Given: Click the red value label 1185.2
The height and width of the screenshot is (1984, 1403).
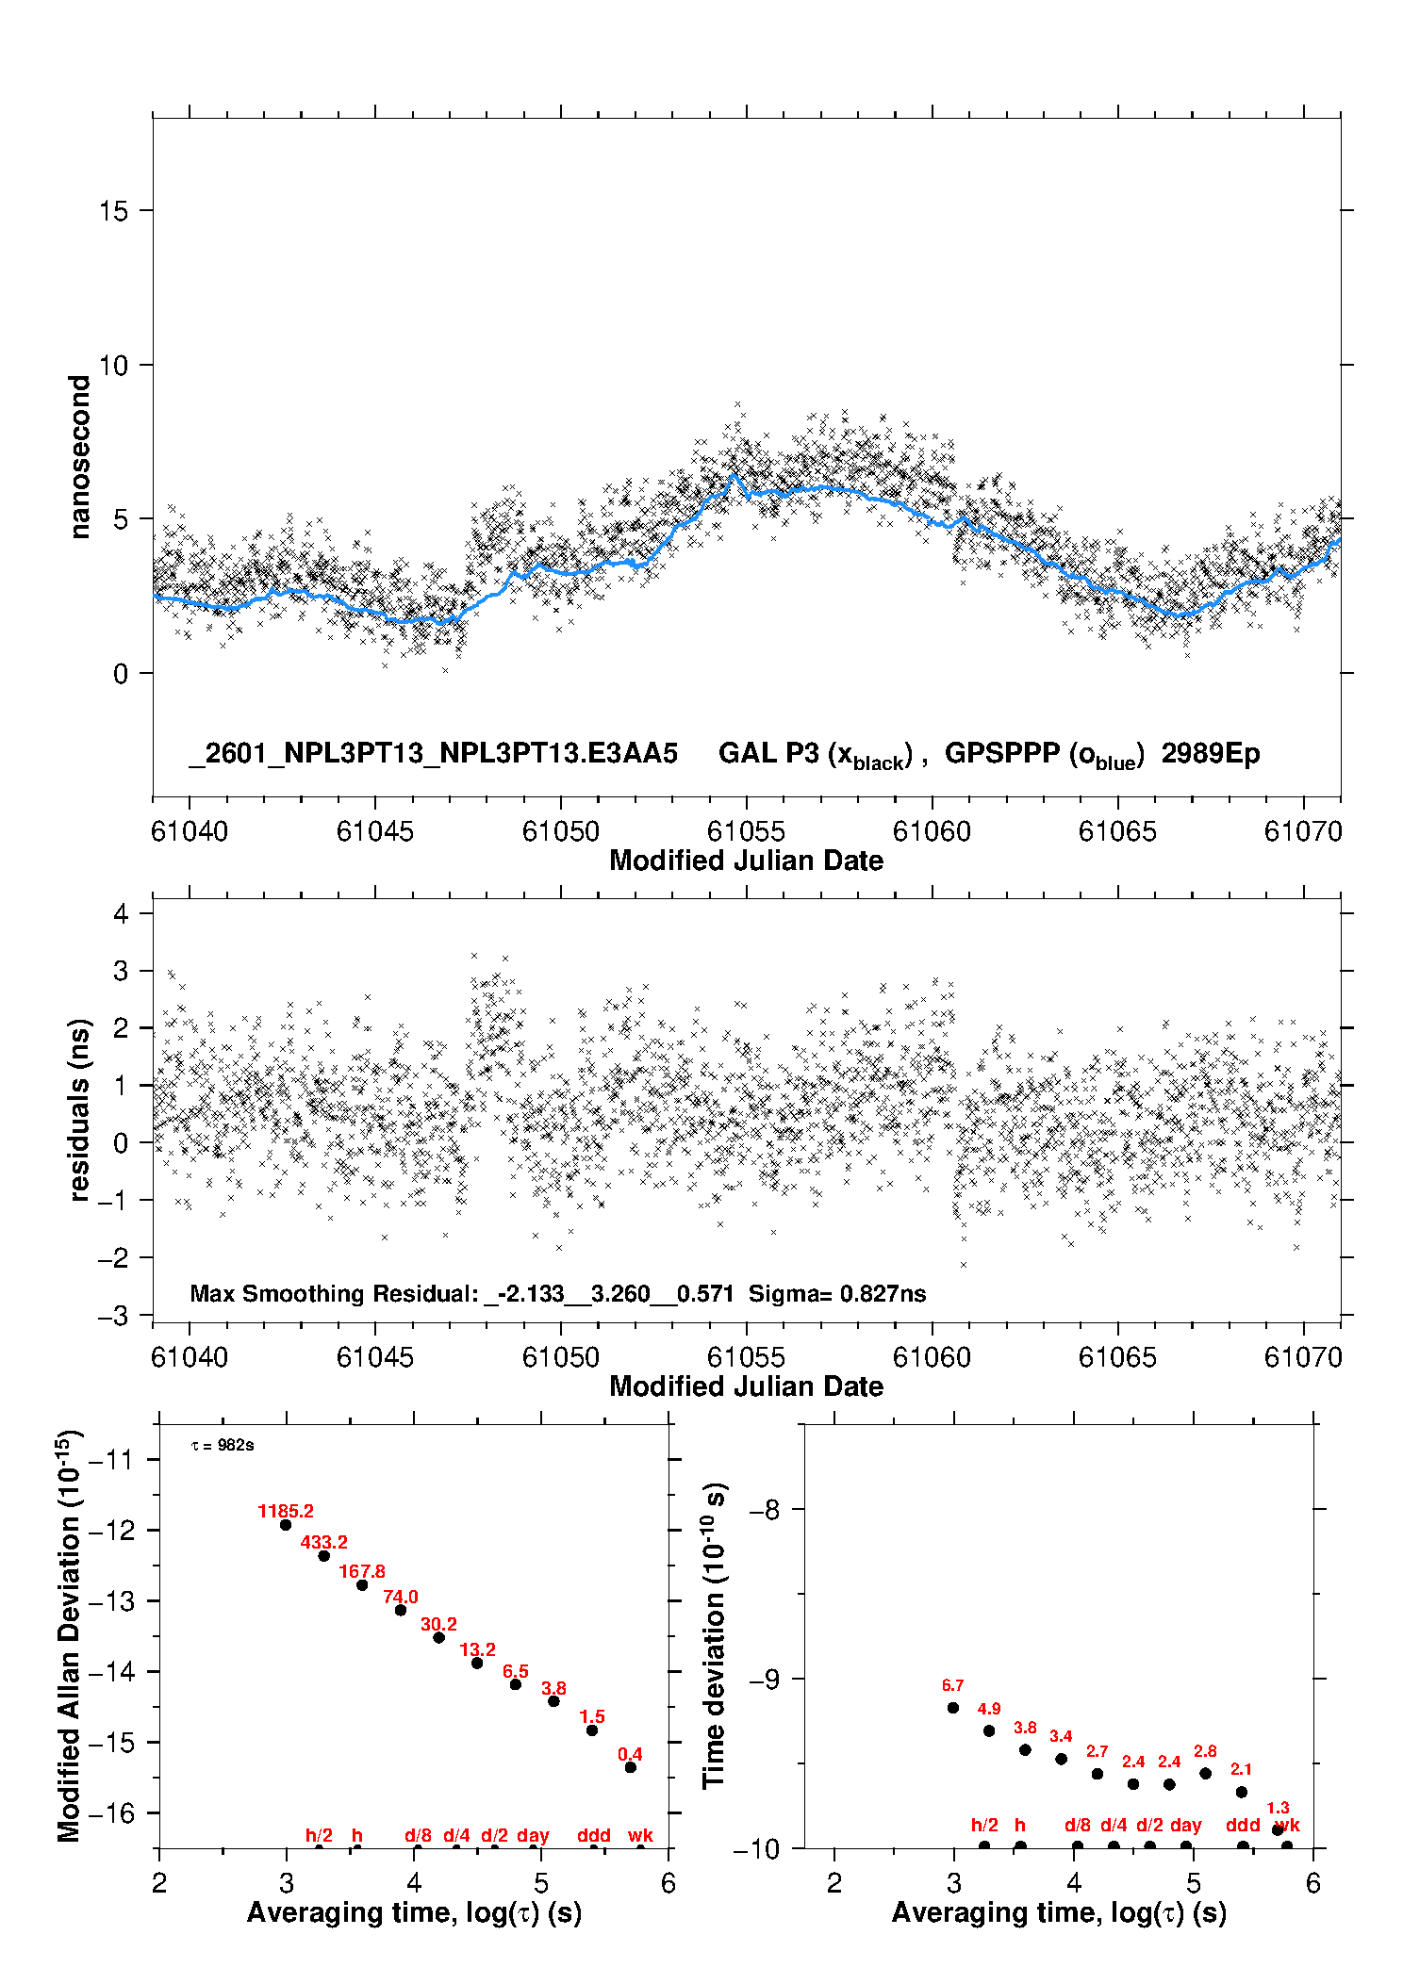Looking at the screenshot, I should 286,1511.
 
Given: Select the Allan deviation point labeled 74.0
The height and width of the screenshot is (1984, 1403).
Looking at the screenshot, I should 401,1610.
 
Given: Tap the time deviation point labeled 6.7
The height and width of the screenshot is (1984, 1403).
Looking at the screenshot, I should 953,1708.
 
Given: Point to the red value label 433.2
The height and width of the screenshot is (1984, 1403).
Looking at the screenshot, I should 324,1542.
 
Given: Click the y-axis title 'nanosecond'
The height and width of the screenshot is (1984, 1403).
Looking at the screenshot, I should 80,457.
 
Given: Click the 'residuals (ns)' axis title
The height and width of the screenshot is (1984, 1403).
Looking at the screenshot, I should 80,1109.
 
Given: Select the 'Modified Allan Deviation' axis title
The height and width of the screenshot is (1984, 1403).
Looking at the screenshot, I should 69,1634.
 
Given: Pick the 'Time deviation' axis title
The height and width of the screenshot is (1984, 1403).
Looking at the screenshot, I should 715,1635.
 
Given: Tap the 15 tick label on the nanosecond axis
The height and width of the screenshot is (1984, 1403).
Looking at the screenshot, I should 113,211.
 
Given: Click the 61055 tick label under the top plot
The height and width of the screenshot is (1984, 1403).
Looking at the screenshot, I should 746,831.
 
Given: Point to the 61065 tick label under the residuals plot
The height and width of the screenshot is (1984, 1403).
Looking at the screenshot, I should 1117,1357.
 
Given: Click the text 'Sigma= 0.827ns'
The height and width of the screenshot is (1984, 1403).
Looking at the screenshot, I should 837,1293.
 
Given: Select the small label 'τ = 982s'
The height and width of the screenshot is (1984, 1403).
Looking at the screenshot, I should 223,1446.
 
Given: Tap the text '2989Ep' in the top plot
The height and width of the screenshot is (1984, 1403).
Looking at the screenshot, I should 1211,754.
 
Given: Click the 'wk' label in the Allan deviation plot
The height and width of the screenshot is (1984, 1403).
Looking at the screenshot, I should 640,1835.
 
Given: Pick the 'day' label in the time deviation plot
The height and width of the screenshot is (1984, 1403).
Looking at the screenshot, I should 1186,1825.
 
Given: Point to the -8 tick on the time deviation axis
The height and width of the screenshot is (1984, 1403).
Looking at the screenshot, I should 765,1510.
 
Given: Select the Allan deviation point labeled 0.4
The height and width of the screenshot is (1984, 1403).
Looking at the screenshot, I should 631,1767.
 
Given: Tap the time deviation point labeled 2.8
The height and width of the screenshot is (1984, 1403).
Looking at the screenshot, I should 1206,1773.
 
